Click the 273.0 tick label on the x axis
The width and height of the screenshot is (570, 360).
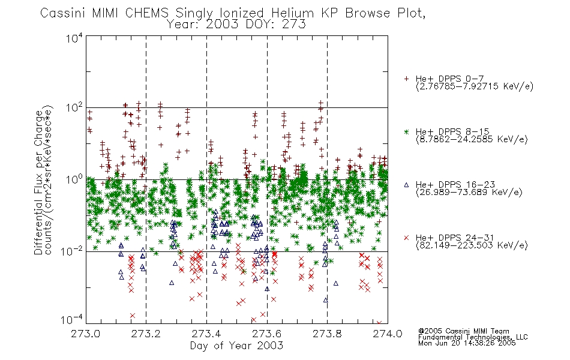(x=85, y=334)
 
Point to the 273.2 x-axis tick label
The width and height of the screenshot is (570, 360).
(x=146, y=334)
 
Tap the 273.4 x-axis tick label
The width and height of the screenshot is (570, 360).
(x=206, y=334)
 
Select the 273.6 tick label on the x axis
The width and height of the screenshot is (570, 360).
(x=266, y=334)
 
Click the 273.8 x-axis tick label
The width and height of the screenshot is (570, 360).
(x=327, y=334)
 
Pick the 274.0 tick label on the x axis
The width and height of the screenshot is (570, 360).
(x=388, y=334)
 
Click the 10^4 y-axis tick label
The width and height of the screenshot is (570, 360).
(x=74, y=38)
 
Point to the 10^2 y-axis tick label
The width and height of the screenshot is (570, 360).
(x=74, y=108)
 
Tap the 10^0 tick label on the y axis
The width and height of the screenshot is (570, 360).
(x=74, y=179)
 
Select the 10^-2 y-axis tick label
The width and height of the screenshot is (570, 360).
(x=72, y=251)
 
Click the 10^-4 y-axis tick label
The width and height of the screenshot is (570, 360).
(x=72, y=320)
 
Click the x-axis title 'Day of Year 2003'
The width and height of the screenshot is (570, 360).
(x=236, y=346)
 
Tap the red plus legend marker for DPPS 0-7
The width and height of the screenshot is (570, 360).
(x=406, y=79)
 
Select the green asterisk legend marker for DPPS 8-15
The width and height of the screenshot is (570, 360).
(x=406, y=131)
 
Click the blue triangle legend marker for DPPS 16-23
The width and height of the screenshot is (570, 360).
(x=406, y=185)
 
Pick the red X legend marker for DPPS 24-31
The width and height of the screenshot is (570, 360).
(x=406, y=238)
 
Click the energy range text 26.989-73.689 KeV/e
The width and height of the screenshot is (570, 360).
(x=469, y=192)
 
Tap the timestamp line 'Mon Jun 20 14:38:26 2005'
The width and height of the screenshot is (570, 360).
(x=467, y=343)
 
